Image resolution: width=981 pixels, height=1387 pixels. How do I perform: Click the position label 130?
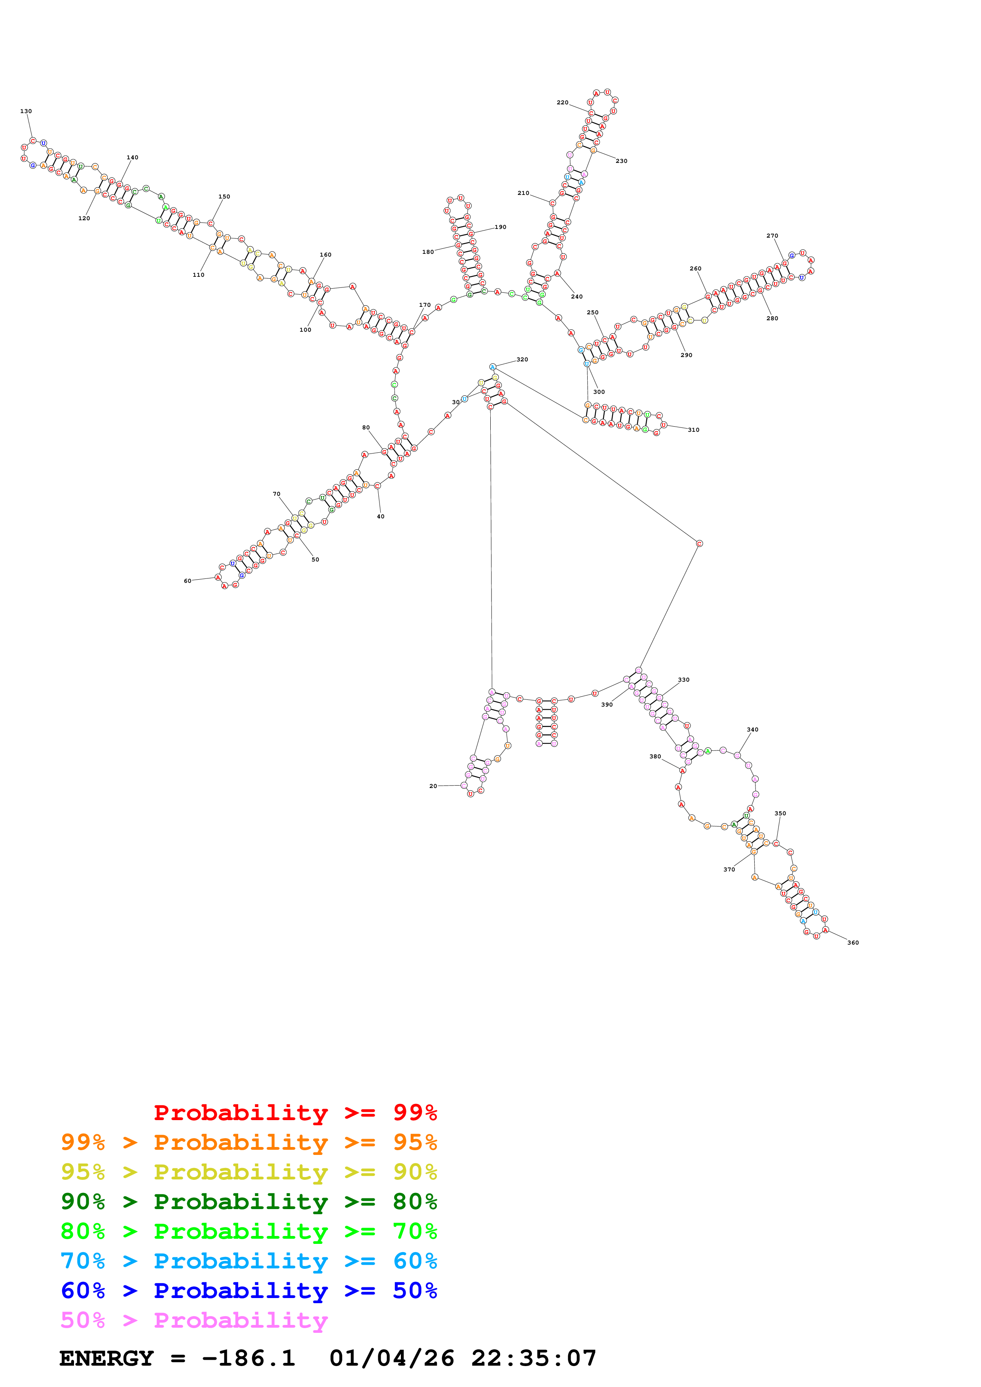tap(26, 111)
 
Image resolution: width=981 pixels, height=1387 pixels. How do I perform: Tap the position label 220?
tap(562, 103)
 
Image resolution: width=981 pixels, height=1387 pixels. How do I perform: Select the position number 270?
tap(772, 236)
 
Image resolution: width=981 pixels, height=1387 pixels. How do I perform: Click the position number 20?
tap(433, 786)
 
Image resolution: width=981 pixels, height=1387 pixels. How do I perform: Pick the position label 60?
tap(187, 581)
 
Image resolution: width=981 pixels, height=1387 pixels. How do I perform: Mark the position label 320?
tap(522, 359)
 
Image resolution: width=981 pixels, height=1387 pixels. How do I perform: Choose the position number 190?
tap(501, 227)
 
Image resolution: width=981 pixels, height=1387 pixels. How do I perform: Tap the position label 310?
tap(693, 430)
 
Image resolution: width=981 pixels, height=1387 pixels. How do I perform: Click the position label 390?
tap(607, 705)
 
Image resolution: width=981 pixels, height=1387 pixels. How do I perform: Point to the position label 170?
tap(425, 305)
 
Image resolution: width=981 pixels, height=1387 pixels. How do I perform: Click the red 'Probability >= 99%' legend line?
tap(295, 1112)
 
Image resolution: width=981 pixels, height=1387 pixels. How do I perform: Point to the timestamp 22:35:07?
tap(534, 1358)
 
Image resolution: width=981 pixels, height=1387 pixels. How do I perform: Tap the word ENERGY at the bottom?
tap(106, 1358)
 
